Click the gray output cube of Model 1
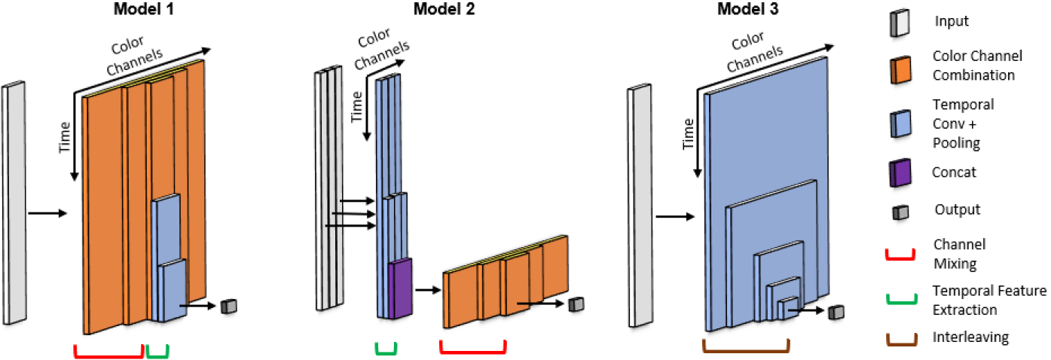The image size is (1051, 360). coord(229,305)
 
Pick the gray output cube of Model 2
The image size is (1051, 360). coord(576,304)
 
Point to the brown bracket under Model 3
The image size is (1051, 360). coord(746,347)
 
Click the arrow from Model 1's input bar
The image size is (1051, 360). coord(47,214)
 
